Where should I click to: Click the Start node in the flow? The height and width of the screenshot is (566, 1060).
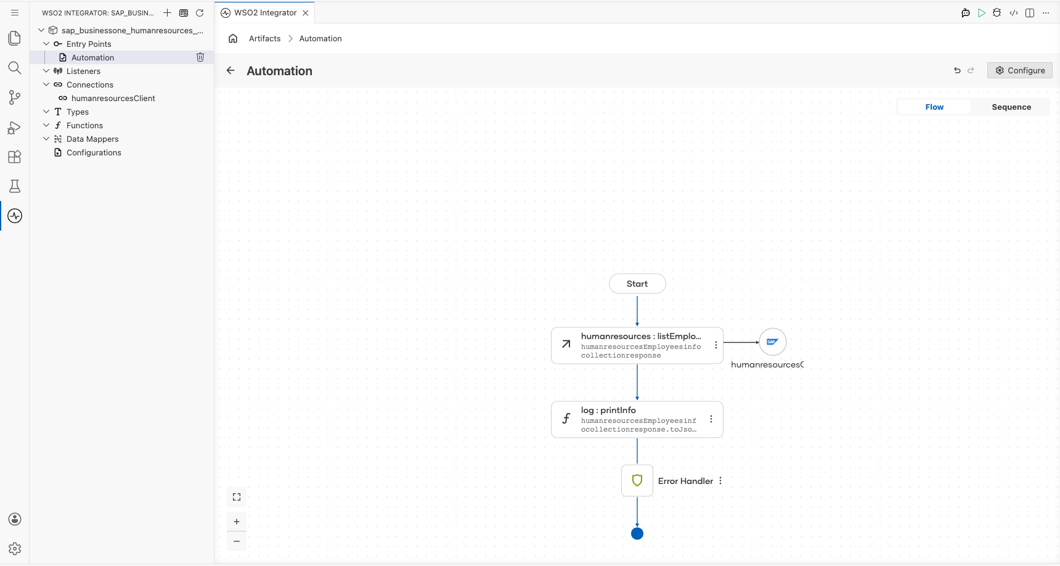(637, 284)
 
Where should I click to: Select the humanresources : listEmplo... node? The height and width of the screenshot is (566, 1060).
(637, 345)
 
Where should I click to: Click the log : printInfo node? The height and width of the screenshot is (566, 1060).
(637, 419)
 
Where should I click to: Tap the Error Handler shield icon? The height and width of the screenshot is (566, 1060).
(637, 480)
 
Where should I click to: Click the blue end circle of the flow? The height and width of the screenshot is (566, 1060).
(637, 533)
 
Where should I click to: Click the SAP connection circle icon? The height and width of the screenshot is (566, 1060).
(773, 342)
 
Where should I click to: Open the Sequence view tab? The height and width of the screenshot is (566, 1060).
(1011, 107)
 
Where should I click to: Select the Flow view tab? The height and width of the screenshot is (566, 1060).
(934, 107)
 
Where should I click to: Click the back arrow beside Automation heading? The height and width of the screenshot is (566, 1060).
(230, 70)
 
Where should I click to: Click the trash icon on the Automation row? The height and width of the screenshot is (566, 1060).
(200, 57)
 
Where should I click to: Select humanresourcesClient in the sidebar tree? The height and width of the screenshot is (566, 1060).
(113, 98)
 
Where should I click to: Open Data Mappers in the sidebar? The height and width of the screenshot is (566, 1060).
(92, 139)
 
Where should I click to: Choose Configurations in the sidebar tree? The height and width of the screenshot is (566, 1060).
(94, 152)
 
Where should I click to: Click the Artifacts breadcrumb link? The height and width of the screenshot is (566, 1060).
(265, 38)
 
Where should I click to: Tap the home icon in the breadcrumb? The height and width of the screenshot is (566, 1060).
(233, 38)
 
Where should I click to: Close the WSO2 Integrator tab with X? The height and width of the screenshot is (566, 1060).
(306, 12)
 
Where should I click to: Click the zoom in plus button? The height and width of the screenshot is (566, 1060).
(237, 522)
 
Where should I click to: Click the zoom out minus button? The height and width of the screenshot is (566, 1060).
(237, 541)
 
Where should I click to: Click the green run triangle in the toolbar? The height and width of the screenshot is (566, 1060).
(982, 13)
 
